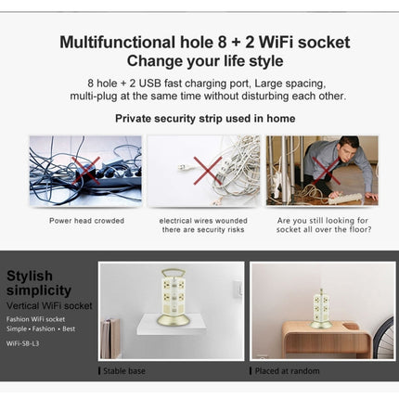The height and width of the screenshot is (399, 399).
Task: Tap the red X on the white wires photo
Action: coord(206,169)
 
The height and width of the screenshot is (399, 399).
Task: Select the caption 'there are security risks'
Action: coord(204,229)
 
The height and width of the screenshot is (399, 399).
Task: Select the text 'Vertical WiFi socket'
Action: coord(49,304)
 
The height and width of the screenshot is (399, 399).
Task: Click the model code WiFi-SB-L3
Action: coord(29,340)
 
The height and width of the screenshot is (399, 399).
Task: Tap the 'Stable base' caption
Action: coord(124,370)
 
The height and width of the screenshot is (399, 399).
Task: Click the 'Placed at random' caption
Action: coord(282,370)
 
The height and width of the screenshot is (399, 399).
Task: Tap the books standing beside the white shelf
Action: coord(111,339)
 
